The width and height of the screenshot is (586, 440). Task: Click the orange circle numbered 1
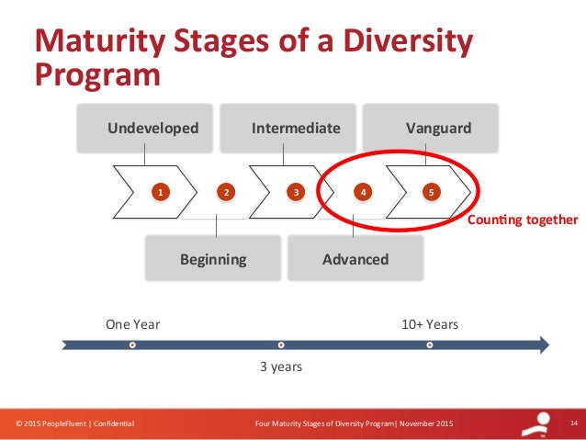click(159, 192)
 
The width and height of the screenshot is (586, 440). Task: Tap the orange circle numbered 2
click(225, 192)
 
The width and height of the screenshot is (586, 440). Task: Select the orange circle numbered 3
click(296, 192)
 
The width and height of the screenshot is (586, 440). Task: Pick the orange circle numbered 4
click(364, 192)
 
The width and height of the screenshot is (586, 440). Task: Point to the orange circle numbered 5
click(432, 192)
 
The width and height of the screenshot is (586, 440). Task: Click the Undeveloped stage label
click(152, 128)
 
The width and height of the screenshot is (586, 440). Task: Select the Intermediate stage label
click(296, 128)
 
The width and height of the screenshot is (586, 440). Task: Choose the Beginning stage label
click(213, 259)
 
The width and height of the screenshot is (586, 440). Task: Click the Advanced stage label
click(355, 259)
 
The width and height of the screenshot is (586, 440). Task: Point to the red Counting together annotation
click(523, 220)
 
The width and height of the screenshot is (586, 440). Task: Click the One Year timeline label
click(133, 324)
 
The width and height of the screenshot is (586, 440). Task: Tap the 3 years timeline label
click(280, 367)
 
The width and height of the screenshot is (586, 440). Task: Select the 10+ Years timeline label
click(430, 324)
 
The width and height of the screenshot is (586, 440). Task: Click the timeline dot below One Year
click(133, 345)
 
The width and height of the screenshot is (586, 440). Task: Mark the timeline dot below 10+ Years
click(430, 345)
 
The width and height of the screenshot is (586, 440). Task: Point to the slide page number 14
click(572, 423)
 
